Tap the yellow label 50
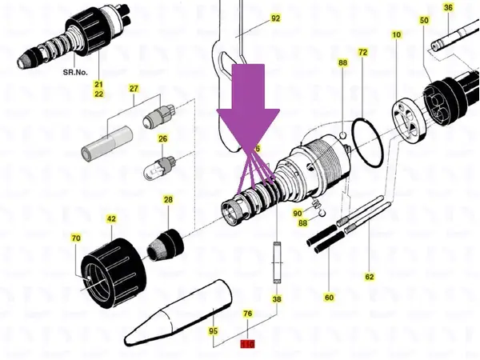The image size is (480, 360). (x=424, y=19)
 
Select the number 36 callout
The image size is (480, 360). (x=448, y=8)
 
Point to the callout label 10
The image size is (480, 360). (x=396, y=35)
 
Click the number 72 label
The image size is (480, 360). (x=362, y=52)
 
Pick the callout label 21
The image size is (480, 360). (x=99, y=85)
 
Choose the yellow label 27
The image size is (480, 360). (x=134, y=88)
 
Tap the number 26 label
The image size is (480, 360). (x=163, y=138)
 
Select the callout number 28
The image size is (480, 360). (x=168, y=199)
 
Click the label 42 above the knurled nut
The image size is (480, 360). (x=111, y=218)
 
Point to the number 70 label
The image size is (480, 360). (x=76, y=238)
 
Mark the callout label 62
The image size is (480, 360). (x=370, y=277)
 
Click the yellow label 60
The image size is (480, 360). (x=328, y=296)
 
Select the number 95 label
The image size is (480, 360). (x=214, y=330)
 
